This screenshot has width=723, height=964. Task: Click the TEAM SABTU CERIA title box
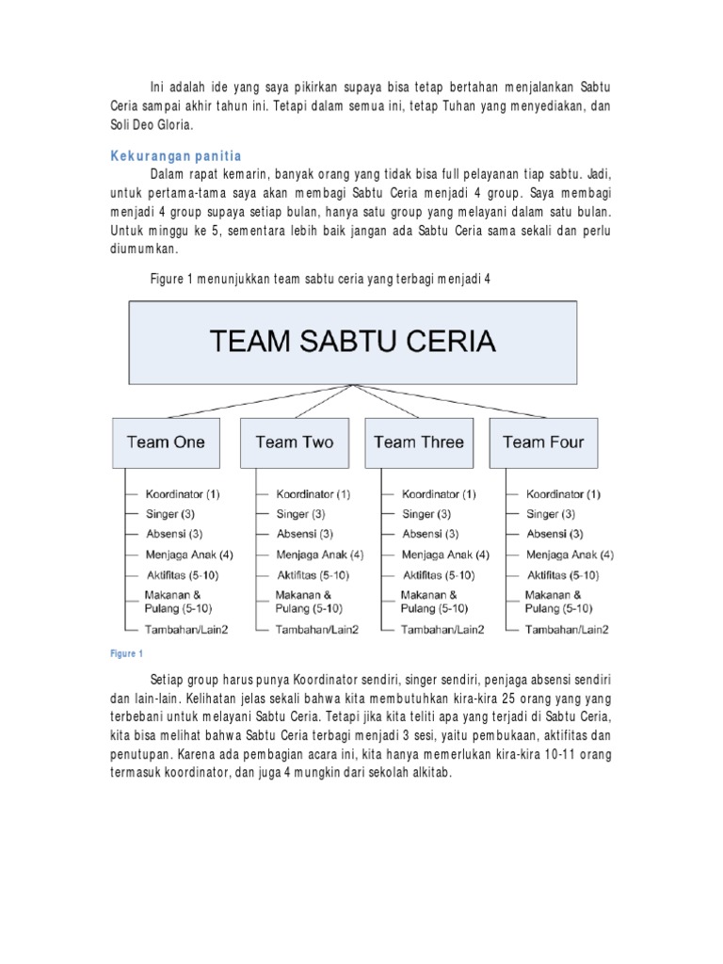352,342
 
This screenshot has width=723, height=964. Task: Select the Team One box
166,442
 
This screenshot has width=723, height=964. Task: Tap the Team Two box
294,442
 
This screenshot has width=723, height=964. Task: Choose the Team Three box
419,442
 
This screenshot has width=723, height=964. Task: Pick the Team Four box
543,442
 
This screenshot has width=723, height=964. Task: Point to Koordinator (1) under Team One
183,494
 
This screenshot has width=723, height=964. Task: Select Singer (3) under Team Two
300,514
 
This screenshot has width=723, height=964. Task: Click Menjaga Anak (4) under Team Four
570,554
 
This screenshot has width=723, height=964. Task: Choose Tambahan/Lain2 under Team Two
316,629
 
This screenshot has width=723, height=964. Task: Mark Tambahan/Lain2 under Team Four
567,629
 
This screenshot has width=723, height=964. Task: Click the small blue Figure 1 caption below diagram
126,653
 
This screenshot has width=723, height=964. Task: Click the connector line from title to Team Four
452,401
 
